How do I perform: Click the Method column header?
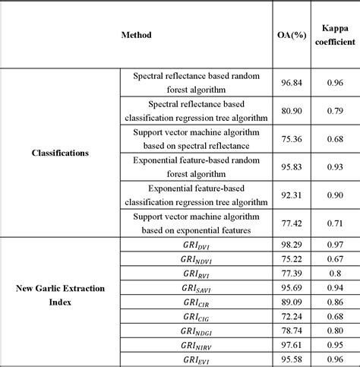[x=136, y=35]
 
